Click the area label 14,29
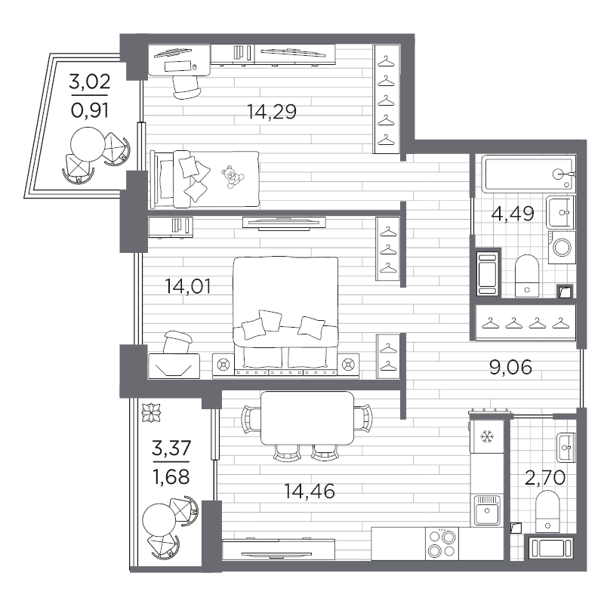[x=272, y=112]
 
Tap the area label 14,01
[x=188, y=287]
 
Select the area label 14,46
[x=310, y=492]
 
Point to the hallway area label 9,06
[x=511, y=367]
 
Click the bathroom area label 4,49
[x=513, y=214]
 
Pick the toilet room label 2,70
[x=545, y=478]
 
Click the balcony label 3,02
[x=90, y=82]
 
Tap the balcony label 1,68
[x=171, y=478]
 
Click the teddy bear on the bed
[x=233, y=177]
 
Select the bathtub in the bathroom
[x=529, y=174]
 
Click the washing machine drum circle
[x=562, y=248]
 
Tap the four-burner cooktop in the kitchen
[x=442, y=544]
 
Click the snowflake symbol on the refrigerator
[x=487, y=437]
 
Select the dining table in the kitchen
[x=307, y=418]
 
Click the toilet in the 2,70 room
[x=547, y=512]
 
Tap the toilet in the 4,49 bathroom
[x=526, y=276]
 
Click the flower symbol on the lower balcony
[x=151, y=413]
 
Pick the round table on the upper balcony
[x=88, y=145]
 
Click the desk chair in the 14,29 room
[x=186, y=87]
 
